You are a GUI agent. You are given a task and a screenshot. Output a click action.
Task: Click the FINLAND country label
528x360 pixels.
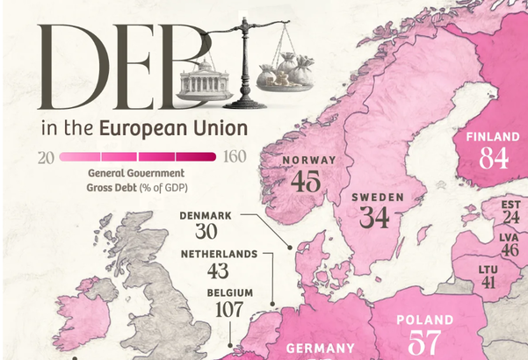(493, 137)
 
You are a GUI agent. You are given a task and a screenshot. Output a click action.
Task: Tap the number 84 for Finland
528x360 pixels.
(493, 157)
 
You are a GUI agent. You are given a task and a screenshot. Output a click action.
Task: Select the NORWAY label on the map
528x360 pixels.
(308, 160)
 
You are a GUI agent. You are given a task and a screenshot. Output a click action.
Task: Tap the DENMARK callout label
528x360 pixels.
(206, 215)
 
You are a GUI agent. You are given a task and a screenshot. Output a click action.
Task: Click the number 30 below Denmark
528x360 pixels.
(206, 233)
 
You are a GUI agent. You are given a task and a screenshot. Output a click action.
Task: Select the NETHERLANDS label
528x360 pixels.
(219, 255)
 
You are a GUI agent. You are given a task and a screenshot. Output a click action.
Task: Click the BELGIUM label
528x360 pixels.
(230, 292)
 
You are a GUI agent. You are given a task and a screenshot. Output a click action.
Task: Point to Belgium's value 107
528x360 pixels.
(229, 310)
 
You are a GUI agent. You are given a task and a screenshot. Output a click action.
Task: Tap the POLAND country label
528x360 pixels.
(425, 320)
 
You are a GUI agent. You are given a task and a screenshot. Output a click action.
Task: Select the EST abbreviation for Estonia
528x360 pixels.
(510, 205)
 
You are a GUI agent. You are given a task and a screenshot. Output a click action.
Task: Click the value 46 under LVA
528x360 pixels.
(510, 250)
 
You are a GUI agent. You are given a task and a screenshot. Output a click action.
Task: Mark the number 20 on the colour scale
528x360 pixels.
(47, 157)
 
